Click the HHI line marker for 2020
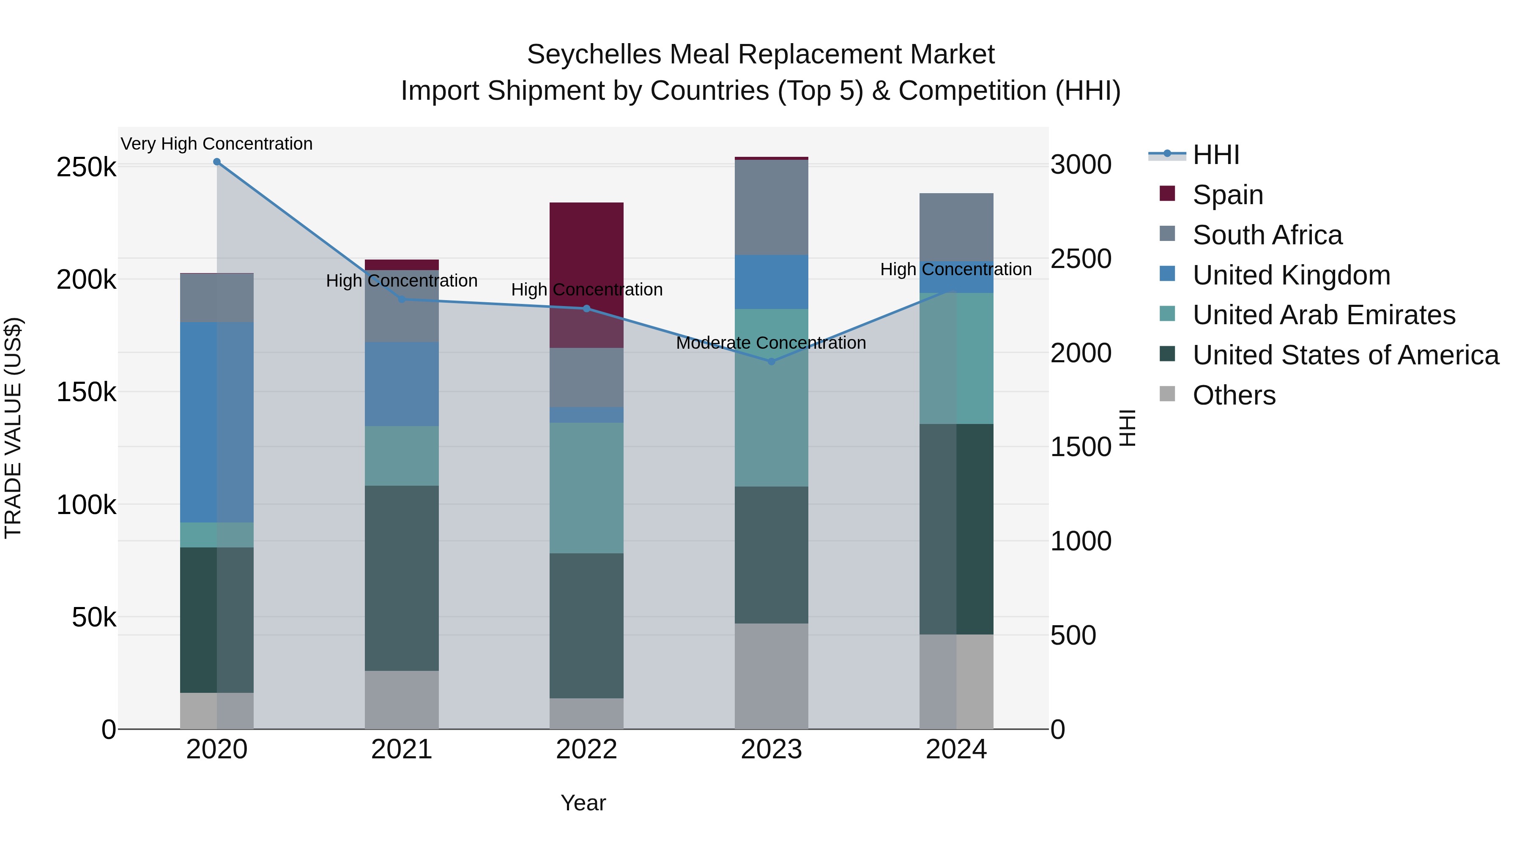point(217,162)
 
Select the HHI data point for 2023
point(771,361)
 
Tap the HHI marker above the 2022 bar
point(587,309)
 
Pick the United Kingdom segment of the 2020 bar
point(217,422)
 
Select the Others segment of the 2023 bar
point(771,676)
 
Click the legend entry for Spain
point(1227,195)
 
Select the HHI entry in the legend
point(1215,155)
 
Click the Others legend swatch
point(1167,394)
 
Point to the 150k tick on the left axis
point(86,392)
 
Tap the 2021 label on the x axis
point(402,749)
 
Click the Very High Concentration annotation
point(217,144)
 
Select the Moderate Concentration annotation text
point(771,343)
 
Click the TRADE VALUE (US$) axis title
point(13,428)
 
